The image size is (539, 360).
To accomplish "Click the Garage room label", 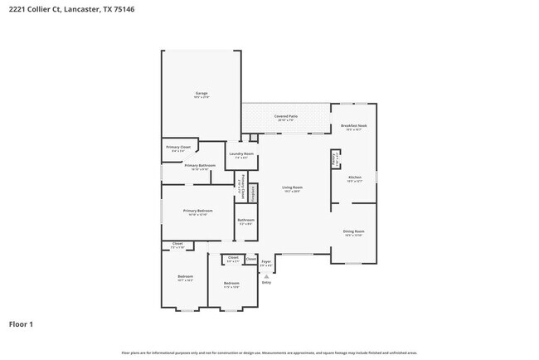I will coord(201,94).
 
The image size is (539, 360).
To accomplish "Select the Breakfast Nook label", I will coord(354,126).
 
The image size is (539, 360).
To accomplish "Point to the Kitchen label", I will coord(354,178).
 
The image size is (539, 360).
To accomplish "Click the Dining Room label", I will coord(354,232).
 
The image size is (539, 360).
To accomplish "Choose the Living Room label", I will coord(292,188).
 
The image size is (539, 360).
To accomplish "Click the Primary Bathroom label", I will coord(200,166).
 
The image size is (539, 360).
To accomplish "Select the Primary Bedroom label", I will coord(198,212).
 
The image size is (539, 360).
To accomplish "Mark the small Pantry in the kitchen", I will coord(336,158).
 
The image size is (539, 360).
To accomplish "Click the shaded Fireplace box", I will coord(253,192).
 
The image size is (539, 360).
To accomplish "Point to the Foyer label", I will coord(266,263).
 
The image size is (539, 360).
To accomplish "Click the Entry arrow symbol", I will coord(266,275).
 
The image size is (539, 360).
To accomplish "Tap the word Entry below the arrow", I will coord(266,282).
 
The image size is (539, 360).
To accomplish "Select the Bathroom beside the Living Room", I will coord(245,221).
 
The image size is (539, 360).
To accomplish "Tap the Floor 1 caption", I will coord(21,324).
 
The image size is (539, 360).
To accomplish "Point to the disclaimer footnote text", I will coord(269,353).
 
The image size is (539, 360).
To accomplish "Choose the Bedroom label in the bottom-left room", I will coord(185,277).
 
